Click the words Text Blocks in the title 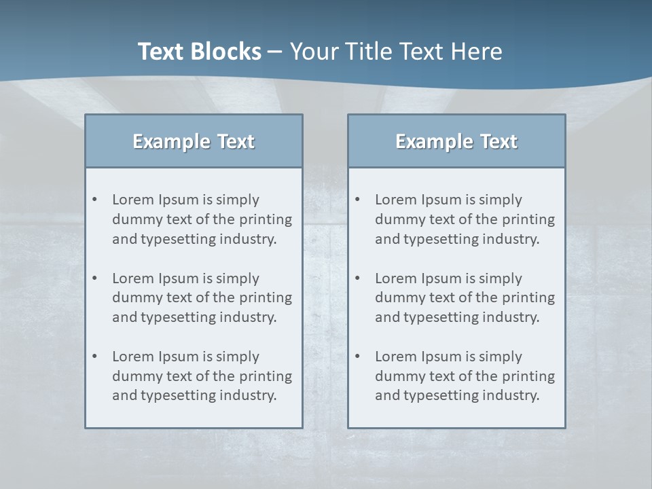pos(199,52)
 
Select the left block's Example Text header pos(194,141)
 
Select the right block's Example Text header pos(456,141)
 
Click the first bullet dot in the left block pos(94,200)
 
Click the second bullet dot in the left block pos(94,278)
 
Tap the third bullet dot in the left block pos(94,357)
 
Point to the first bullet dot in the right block pos(357,200)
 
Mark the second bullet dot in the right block pos(357,278)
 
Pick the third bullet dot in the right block pos(357,357)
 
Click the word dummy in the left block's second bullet pos(134,297)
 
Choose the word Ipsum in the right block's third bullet pos(441,357)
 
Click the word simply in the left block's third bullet pos(238,357)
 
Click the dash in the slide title pos(275,52)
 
